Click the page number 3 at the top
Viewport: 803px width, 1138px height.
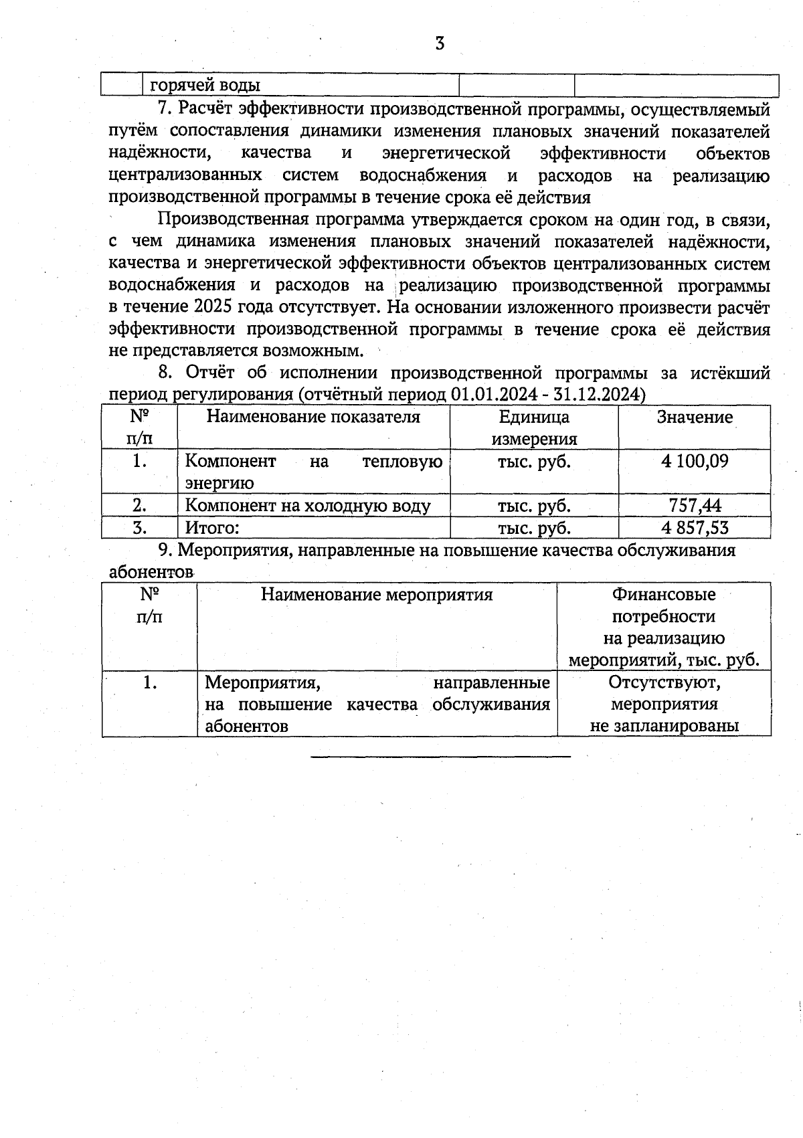tap(440, 45)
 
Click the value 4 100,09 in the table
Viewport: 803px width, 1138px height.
tap(695, 461)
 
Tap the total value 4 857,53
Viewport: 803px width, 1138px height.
tap(695, 528)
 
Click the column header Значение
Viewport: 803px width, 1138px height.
tap(695, 417)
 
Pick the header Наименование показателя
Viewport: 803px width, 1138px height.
tap(313, 417)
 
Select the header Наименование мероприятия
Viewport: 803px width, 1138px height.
tap(377, 595)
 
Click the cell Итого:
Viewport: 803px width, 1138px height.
tap(212, 528)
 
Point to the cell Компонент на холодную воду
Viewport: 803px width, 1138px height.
tap(307, 506)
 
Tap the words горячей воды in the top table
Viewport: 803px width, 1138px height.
tap(205, 86)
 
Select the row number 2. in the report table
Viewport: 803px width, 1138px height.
tap(139, 506)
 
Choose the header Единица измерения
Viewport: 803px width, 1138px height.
tap(534, 428)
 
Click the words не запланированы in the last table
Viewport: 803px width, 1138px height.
tap(664, 726)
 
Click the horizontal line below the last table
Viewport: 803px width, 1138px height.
tap(440, 757)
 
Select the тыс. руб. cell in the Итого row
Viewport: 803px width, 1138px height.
tap(534, 528)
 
